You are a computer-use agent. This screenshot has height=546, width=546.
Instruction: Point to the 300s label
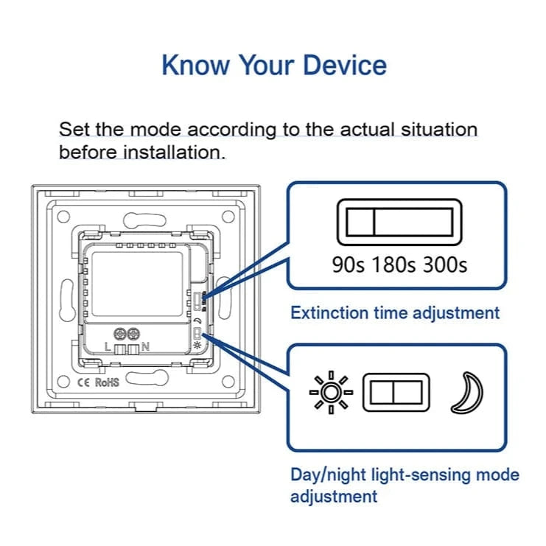tap(444, 264)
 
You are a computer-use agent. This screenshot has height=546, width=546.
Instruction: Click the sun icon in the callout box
tap(331, 392)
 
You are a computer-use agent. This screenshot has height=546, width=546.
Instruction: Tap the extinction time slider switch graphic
tap(396, 223)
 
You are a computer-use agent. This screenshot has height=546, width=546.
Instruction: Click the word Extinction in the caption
tap(326, 312)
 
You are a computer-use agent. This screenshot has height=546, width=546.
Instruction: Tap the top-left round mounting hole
tap(63, 216)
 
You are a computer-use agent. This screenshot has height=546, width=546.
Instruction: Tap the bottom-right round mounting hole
tap(231, 382)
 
